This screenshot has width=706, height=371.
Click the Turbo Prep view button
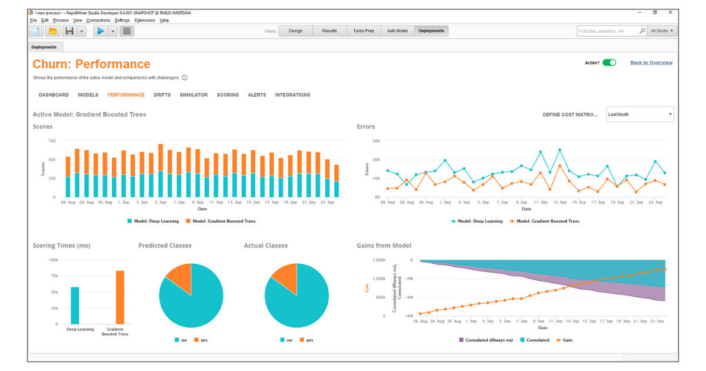[x=363, y=31]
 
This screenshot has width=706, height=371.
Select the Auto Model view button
[x=397, y=31]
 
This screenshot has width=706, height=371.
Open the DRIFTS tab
[x=162, y=95]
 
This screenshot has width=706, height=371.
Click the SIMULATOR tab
[x=194, y=95]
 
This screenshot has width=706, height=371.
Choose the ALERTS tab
[x=257, y=95]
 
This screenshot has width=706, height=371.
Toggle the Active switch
[x=609, y=62]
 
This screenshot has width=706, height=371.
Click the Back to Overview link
[x=651, y=62]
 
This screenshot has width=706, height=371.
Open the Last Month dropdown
[x=640, y=114]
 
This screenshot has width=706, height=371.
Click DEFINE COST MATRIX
[x=570, y=115]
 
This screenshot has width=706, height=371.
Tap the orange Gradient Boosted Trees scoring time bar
[x=119, y=297]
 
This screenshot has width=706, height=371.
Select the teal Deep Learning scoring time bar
[x=75, y=305]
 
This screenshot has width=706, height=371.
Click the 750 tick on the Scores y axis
[x=52, y=141]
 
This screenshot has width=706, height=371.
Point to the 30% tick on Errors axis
[x=377, y=141]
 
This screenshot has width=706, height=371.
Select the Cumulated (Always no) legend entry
[x=485, y=340]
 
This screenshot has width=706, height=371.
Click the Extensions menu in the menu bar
[x=145, y=20]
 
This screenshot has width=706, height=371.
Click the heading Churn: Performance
[x=91, y=64]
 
